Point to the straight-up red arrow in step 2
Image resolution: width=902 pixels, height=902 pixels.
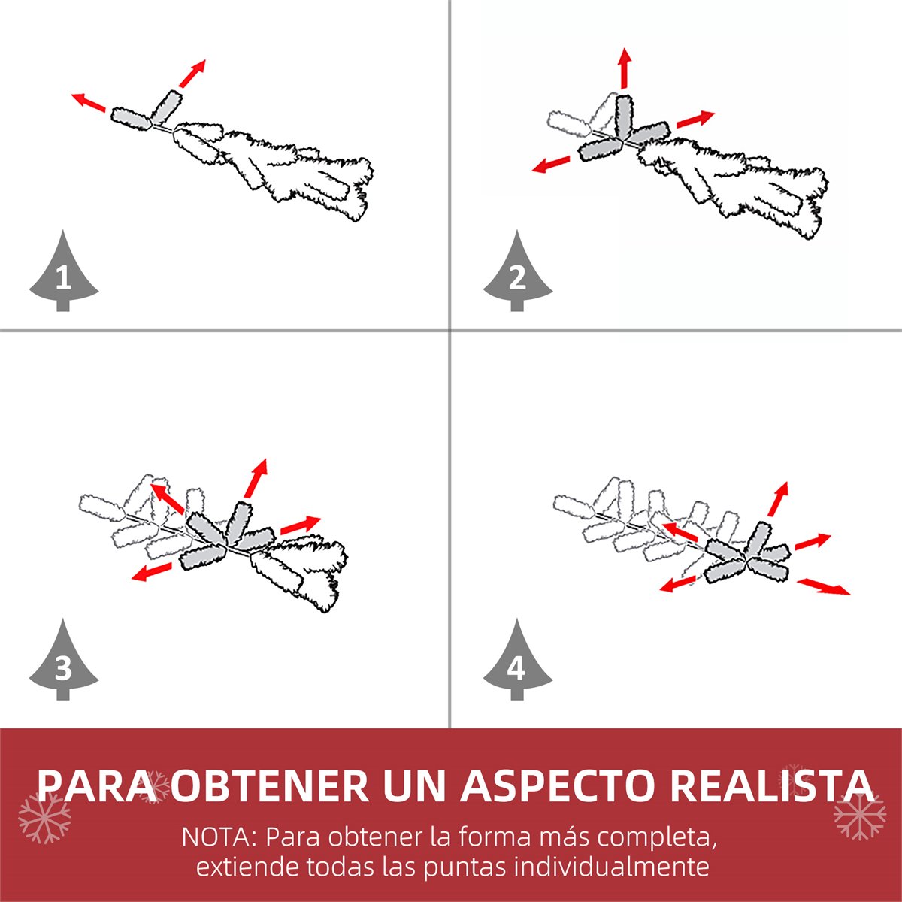pyautogui.click(x=625, y=68)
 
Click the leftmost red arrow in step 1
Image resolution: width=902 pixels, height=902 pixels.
pyautogui.click(x=89, y=102)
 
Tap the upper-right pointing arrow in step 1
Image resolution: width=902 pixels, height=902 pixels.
pyautogui.click(x=192, y=74)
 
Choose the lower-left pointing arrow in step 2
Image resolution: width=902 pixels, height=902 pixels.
pyautogui.click(x=551, y=165)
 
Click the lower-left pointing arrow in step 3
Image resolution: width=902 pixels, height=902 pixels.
pyautogui.click(x=151, y=572)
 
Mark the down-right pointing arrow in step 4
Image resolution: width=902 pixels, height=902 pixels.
pyautogui.click(x=823, y=586)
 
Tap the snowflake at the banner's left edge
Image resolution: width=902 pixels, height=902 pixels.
pyautogui.click(x=45, y=817)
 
